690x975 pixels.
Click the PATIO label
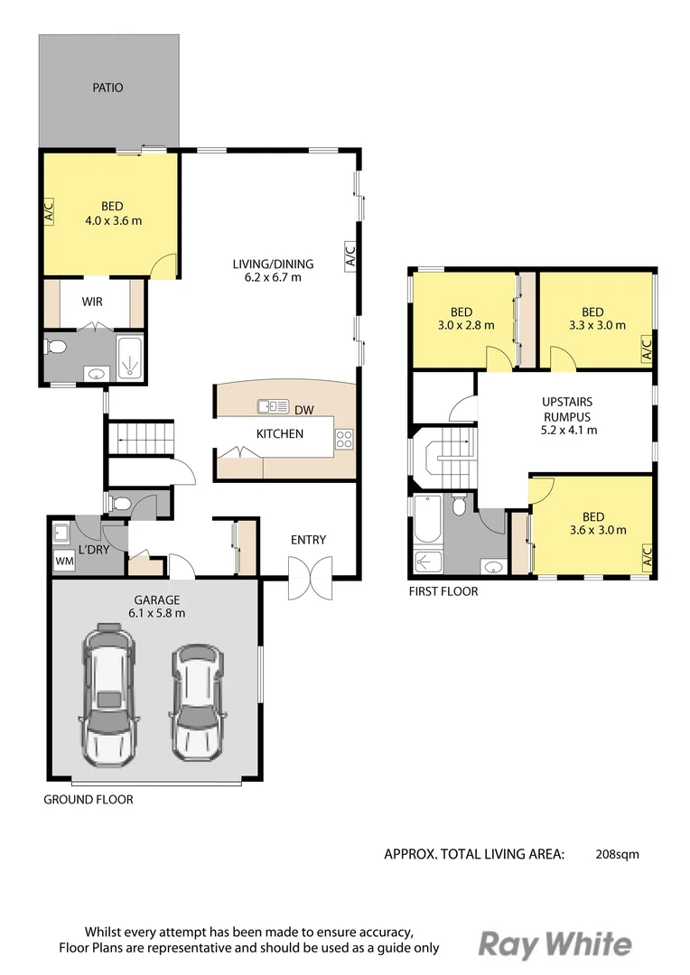click(107, 88)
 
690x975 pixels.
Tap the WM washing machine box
click(65, 561)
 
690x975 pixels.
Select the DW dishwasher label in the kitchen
click(303, 411)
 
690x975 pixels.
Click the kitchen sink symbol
click(273, 406)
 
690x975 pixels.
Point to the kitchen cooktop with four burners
click(344, 439)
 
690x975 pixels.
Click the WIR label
click(92, 302)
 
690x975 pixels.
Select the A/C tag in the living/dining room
click(351, 256)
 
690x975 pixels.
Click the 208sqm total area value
click(617, 854)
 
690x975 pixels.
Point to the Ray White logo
click(555, 944)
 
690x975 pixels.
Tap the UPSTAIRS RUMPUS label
click(567, 409)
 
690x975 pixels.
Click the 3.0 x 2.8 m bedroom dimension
click(466, 325)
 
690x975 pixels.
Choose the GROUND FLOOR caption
click(89, 800)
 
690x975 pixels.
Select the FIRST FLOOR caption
click(443, 591)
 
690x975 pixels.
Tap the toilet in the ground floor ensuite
click(53, 346)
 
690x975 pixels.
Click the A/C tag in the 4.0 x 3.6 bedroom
click(49, 211)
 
